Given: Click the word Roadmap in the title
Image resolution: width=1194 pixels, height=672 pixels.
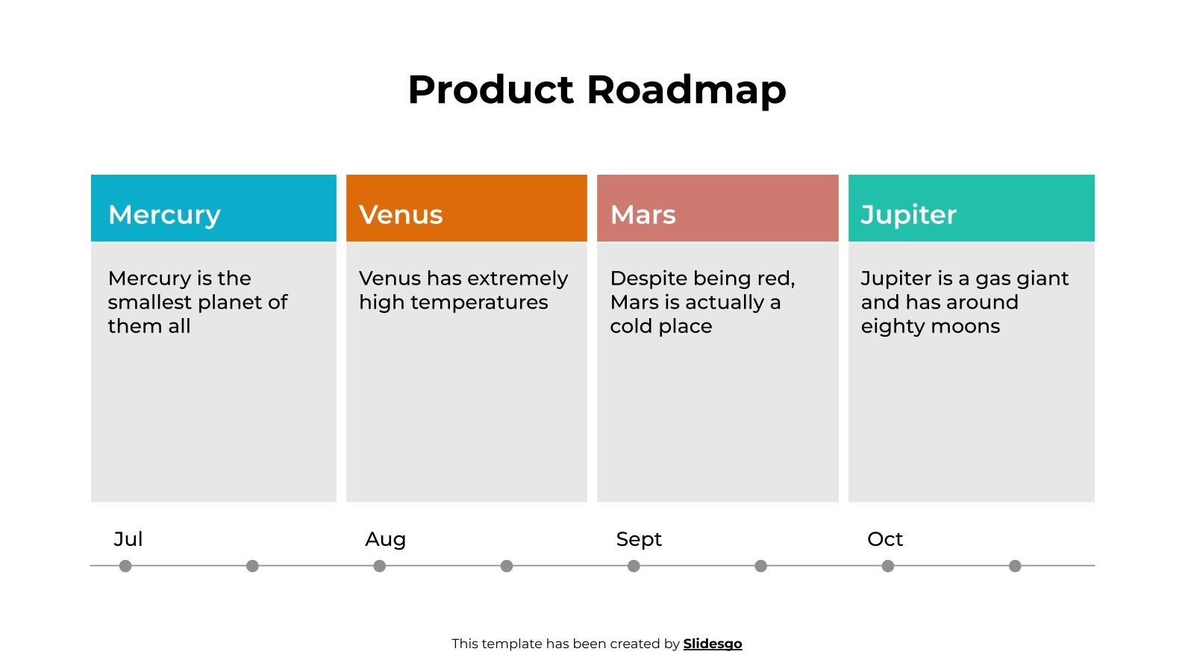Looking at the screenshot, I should (x=686, y=90).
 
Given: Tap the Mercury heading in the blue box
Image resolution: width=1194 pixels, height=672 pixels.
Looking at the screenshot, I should (x=164, y=215).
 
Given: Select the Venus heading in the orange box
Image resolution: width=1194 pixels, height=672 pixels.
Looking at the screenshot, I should (x=401, y=215).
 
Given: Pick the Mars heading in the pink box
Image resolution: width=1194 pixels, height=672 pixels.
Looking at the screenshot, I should (x=643, y=215).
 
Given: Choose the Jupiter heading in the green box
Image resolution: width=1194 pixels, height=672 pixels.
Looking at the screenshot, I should (x=908, y=215).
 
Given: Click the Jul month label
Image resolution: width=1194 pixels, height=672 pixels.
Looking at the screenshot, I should (x=128, y=539).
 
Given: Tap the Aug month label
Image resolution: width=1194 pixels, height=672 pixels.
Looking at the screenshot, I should (x=385, y=539).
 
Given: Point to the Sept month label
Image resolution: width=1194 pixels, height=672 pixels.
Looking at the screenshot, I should (x=639, y=539).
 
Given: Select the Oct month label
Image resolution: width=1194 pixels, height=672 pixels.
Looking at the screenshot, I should (x=885, y=539).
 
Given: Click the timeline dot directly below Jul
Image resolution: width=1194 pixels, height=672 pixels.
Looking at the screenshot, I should (x=125, y=566).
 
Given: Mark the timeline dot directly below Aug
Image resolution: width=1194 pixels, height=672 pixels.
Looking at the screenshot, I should (x=380, y=566).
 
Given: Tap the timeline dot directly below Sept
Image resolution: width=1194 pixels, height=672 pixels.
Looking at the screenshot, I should (x=634, y=566).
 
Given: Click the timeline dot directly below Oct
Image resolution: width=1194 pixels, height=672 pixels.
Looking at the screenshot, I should (x=888, y=566).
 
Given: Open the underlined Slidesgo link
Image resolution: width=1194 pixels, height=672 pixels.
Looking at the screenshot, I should (x=713, y=644).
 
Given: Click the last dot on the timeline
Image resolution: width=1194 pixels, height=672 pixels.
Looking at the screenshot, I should (x=1015, y=566).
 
